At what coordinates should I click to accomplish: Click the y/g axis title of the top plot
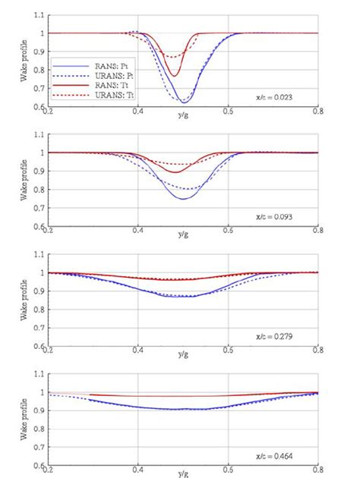click(x=183, y=115)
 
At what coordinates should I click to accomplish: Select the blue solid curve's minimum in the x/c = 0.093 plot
click(x=183, y=199)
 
